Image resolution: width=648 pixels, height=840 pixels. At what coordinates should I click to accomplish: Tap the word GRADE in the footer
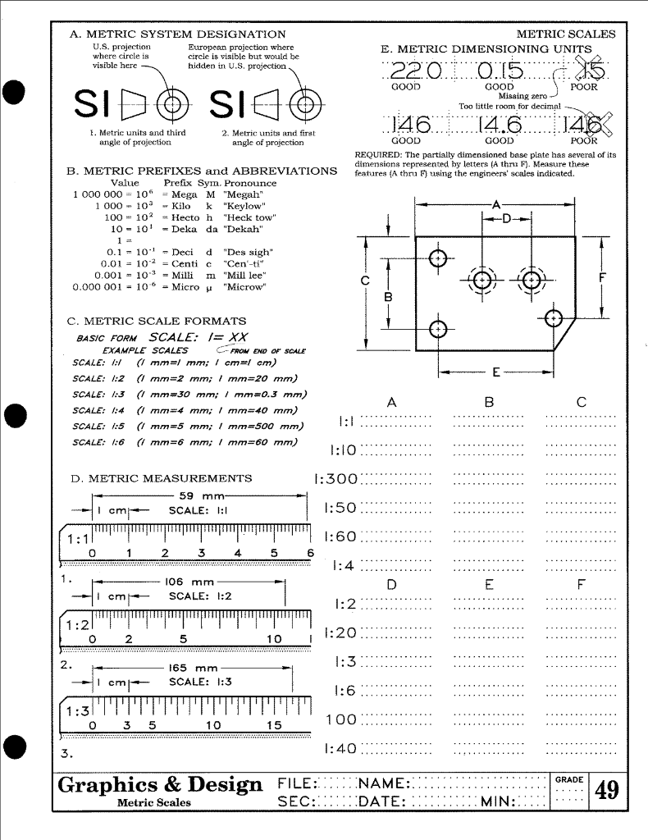[x=568, y=779]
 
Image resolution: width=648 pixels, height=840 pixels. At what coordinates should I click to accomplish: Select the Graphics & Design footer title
[x=160, y=786]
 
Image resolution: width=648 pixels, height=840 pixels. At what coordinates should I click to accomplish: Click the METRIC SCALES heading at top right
[x=565, y=34]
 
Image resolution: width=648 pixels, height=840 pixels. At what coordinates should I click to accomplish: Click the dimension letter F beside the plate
[x=603, y=276]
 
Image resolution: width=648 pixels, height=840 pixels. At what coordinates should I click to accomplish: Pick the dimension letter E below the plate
[x=496, y=374]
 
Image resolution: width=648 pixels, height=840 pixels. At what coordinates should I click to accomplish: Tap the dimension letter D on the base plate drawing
[x=506, y=219]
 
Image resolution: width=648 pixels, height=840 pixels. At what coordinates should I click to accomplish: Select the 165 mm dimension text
[x=194, y=668]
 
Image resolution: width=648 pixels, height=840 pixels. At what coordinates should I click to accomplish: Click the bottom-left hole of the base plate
[x=439, y=329]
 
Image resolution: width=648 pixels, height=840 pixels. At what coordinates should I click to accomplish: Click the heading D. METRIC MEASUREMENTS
[x=162, y=478]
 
